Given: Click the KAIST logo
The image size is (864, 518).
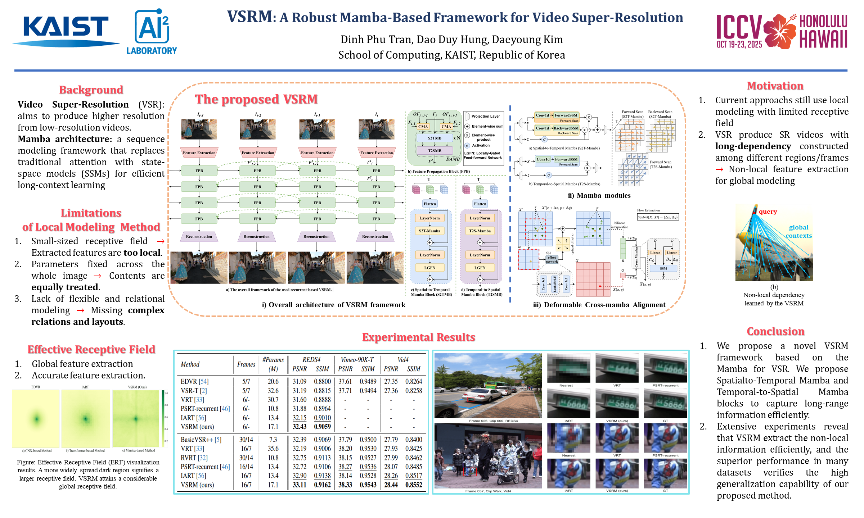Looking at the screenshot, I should (x=66, y=31).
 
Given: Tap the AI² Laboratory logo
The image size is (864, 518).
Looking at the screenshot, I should (x=152, y=32).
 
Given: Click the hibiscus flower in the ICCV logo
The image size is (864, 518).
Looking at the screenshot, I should (x=779, y=31).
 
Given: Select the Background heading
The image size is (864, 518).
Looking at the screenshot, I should (x=91, y=90).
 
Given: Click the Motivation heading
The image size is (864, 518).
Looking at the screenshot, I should (x=775, y=86).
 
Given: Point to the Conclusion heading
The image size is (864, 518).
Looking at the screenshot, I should (x=775, y=331).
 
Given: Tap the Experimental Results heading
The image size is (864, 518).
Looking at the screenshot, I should (x=418, y=337).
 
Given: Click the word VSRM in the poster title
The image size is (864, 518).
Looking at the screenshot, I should (x=249, y=17).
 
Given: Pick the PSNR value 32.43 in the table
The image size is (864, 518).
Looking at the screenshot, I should (x=299, y=427).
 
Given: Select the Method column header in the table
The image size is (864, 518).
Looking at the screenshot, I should (x=190, y=364).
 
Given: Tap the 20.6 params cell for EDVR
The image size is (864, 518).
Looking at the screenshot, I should (x=273, y=381).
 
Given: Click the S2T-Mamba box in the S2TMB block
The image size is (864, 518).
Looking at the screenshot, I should (x=429, y=231).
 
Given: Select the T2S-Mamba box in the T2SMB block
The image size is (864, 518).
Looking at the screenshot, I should (x=480, y=231).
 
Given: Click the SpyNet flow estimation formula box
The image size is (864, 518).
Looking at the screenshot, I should (x=657, y=217).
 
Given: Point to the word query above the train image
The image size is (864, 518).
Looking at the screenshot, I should (x=768, y=212).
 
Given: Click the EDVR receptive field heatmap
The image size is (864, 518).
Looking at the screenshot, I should (x=36, y=418).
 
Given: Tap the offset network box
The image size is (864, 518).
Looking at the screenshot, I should (x=552, y=259).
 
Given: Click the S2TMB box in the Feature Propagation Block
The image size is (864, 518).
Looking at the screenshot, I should (x=435, y=138).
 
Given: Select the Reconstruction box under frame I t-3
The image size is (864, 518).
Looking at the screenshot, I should (x=199, y=236).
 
